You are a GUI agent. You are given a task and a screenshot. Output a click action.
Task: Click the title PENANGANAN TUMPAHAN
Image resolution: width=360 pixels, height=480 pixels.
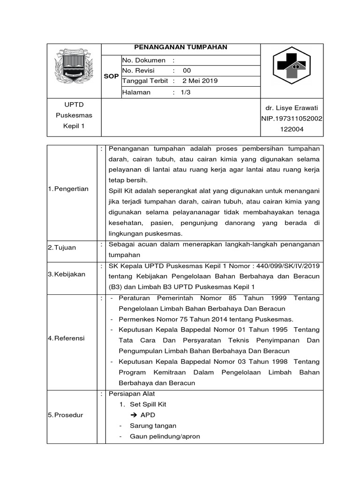[180, 47]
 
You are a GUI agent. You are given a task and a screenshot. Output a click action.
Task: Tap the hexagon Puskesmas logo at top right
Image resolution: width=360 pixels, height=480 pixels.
[291, 66]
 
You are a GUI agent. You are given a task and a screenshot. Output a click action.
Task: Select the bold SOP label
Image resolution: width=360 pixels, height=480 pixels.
[111, 76]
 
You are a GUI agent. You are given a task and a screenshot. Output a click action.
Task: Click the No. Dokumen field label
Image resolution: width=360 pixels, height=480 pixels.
[144, 60]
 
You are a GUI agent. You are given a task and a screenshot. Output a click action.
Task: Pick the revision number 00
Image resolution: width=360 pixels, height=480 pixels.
[187, 71]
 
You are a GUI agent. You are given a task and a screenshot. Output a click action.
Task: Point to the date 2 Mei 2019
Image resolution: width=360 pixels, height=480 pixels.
[200, 81]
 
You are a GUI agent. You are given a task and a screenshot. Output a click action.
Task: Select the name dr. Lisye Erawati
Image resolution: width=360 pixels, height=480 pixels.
[292, 108]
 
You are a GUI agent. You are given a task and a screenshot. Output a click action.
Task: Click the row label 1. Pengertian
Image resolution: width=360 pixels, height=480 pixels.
[68, 188]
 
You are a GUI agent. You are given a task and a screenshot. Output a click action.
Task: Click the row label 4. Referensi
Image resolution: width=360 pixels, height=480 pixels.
[67, 338]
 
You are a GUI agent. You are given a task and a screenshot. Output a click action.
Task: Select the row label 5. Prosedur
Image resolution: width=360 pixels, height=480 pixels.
[66, 415]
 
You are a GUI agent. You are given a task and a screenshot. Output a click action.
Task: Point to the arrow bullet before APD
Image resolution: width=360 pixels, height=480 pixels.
[133, 415]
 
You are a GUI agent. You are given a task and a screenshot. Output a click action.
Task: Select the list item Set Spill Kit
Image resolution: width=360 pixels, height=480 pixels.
[148, 404]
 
